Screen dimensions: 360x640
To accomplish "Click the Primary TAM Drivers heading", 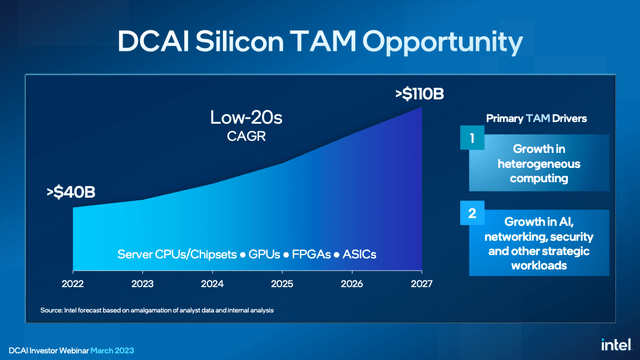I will pos(535,118).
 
